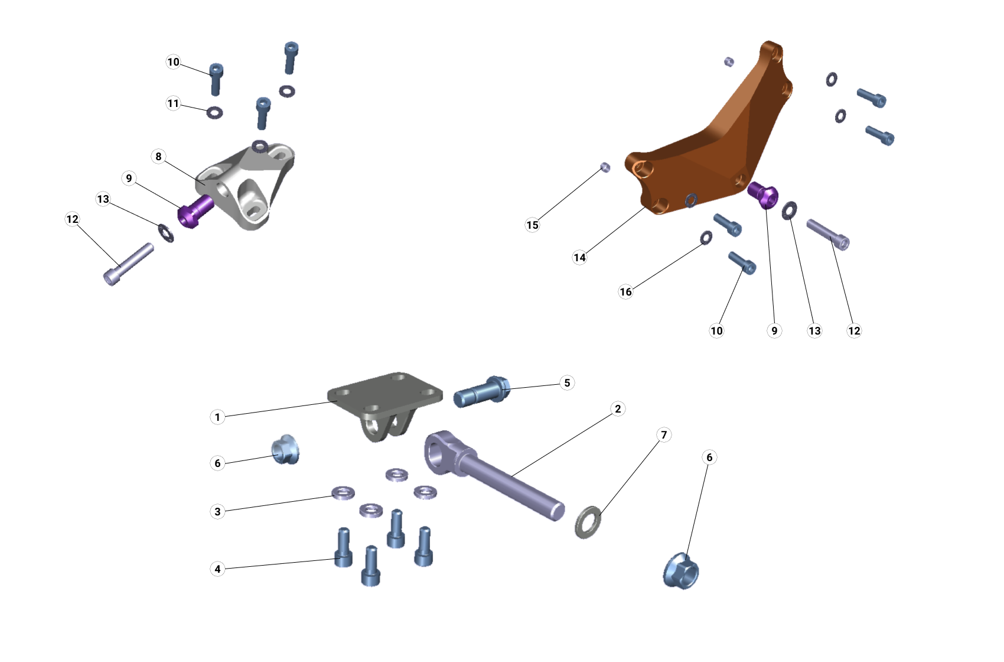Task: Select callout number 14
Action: click(x=579, y=257)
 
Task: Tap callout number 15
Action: click(x=532, y=225)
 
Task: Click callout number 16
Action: click(x=625, y=291)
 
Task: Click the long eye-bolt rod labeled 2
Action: click(x=508, y=479)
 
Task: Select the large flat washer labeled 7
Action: click(x=588, y=521)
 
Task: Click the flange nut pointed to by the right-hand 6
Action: click(x=681, y=570)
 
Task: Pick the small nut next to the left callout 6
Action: click(x=285, y=450)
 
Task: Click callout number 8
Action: click(x=158, y=156)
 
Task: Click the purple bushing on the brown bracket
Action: click(x=764, y=196)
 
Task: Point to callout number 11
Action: click(x=173, y=103)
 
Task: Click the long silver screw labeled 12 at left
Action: click(x=128, y=264)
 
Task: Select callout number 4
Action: click(x=217, y=569)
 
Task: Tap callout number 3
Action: click(x=217, y=511)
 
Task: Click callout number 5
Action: click(x=567, y=382)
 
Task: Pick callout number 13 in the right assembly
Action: click(x=814, y=330)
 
